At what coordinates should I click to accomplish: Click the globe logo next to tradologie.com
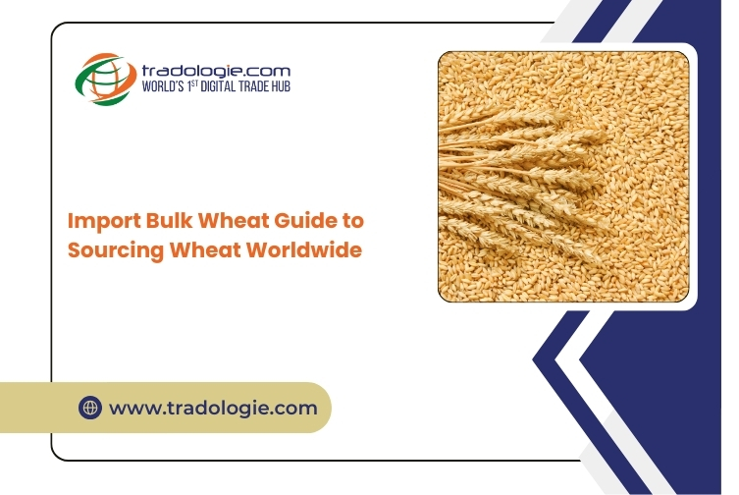point(106,79)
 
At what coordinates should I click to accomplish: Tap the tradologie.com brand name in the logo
point(216,72)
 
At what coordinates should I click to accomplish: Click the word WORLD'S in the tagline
point(163,86)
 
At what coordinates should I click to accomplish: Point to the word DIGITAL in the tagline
point(218,86)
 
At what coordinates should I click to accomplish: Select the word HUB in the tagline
point(281,86)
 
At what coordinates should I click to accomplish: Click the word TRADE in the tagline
point(253,86)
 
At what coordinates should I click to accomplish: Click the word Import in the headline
point(104,221)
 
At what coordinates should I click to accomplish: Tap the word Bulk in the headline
point(169,220)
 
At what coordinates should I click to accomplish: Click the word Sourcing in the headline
point(116,250)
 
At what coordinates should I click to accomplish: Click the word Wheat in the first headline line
point(234,220)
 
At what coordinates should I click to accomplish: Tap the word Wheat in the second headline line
point(206,249)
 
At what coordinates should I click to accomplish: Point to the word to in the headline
point(352,221)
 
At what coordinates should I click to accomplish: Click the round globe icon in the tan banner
point(90,408)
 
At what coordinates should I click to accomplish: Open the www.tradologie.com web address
point(213,409)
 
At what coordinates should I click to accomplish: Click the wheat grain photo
point(563,177)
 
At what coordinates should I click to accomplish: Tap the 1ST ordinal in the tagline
point(192,85)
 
